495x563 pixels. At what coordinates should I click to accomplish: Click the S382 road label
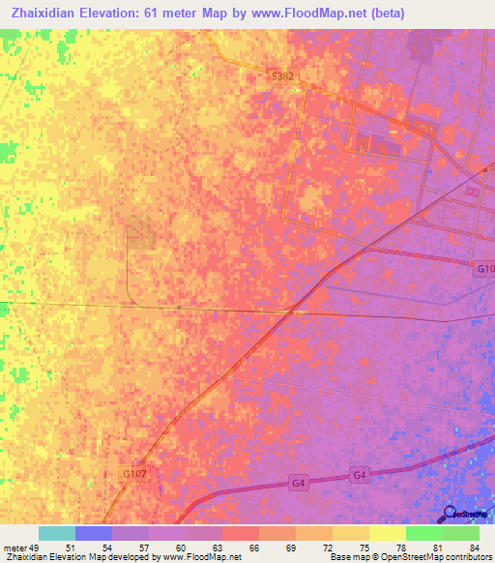(281, 74)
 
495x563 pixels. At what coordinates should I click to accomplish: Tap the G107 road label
(133, 475)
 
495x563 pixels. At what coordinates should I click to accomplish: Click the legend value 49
(34, 548)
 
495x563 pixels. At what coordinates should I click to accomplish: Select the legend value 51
(71, 548)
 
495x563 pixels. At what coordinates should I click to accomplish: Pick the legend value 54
(107, 548)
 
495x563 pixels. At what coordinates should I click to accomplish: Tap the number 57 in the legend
(144, 548)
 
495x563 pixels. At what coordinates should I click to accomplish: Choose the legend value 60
(181, 548)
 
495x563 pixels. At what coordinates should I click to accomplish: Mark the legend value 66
(255, 548)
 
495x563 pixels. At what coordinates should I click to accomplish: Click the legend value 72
(329, 548)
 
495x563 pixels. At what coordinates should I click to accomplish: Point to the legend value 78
(402, 548)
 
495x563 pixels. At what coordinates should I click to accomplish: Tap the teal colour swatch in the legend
(56, 533)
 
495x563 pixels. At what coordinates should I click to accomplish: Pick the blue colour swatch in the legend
(93, 533)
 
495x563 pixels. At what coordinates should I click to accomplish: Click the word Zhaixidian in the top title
(43, 13)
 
